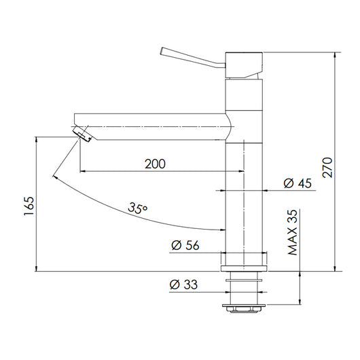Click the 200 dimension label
(x=155, y=164)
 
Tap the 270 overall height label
(x=327, y=167)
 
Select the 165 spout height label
(x=29, y=206)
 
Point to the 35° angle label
(x=137, y=208)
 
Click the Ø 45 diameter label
(x=298, y=183)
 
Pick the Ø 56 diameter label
(x=185, y=245)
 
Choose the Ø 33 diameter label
(x=183, y=285)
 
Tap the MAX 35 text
(x=293, y=232)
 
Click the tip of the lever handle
(x=162, y=51)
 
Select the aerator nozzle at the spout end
(x=82, y=134)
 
